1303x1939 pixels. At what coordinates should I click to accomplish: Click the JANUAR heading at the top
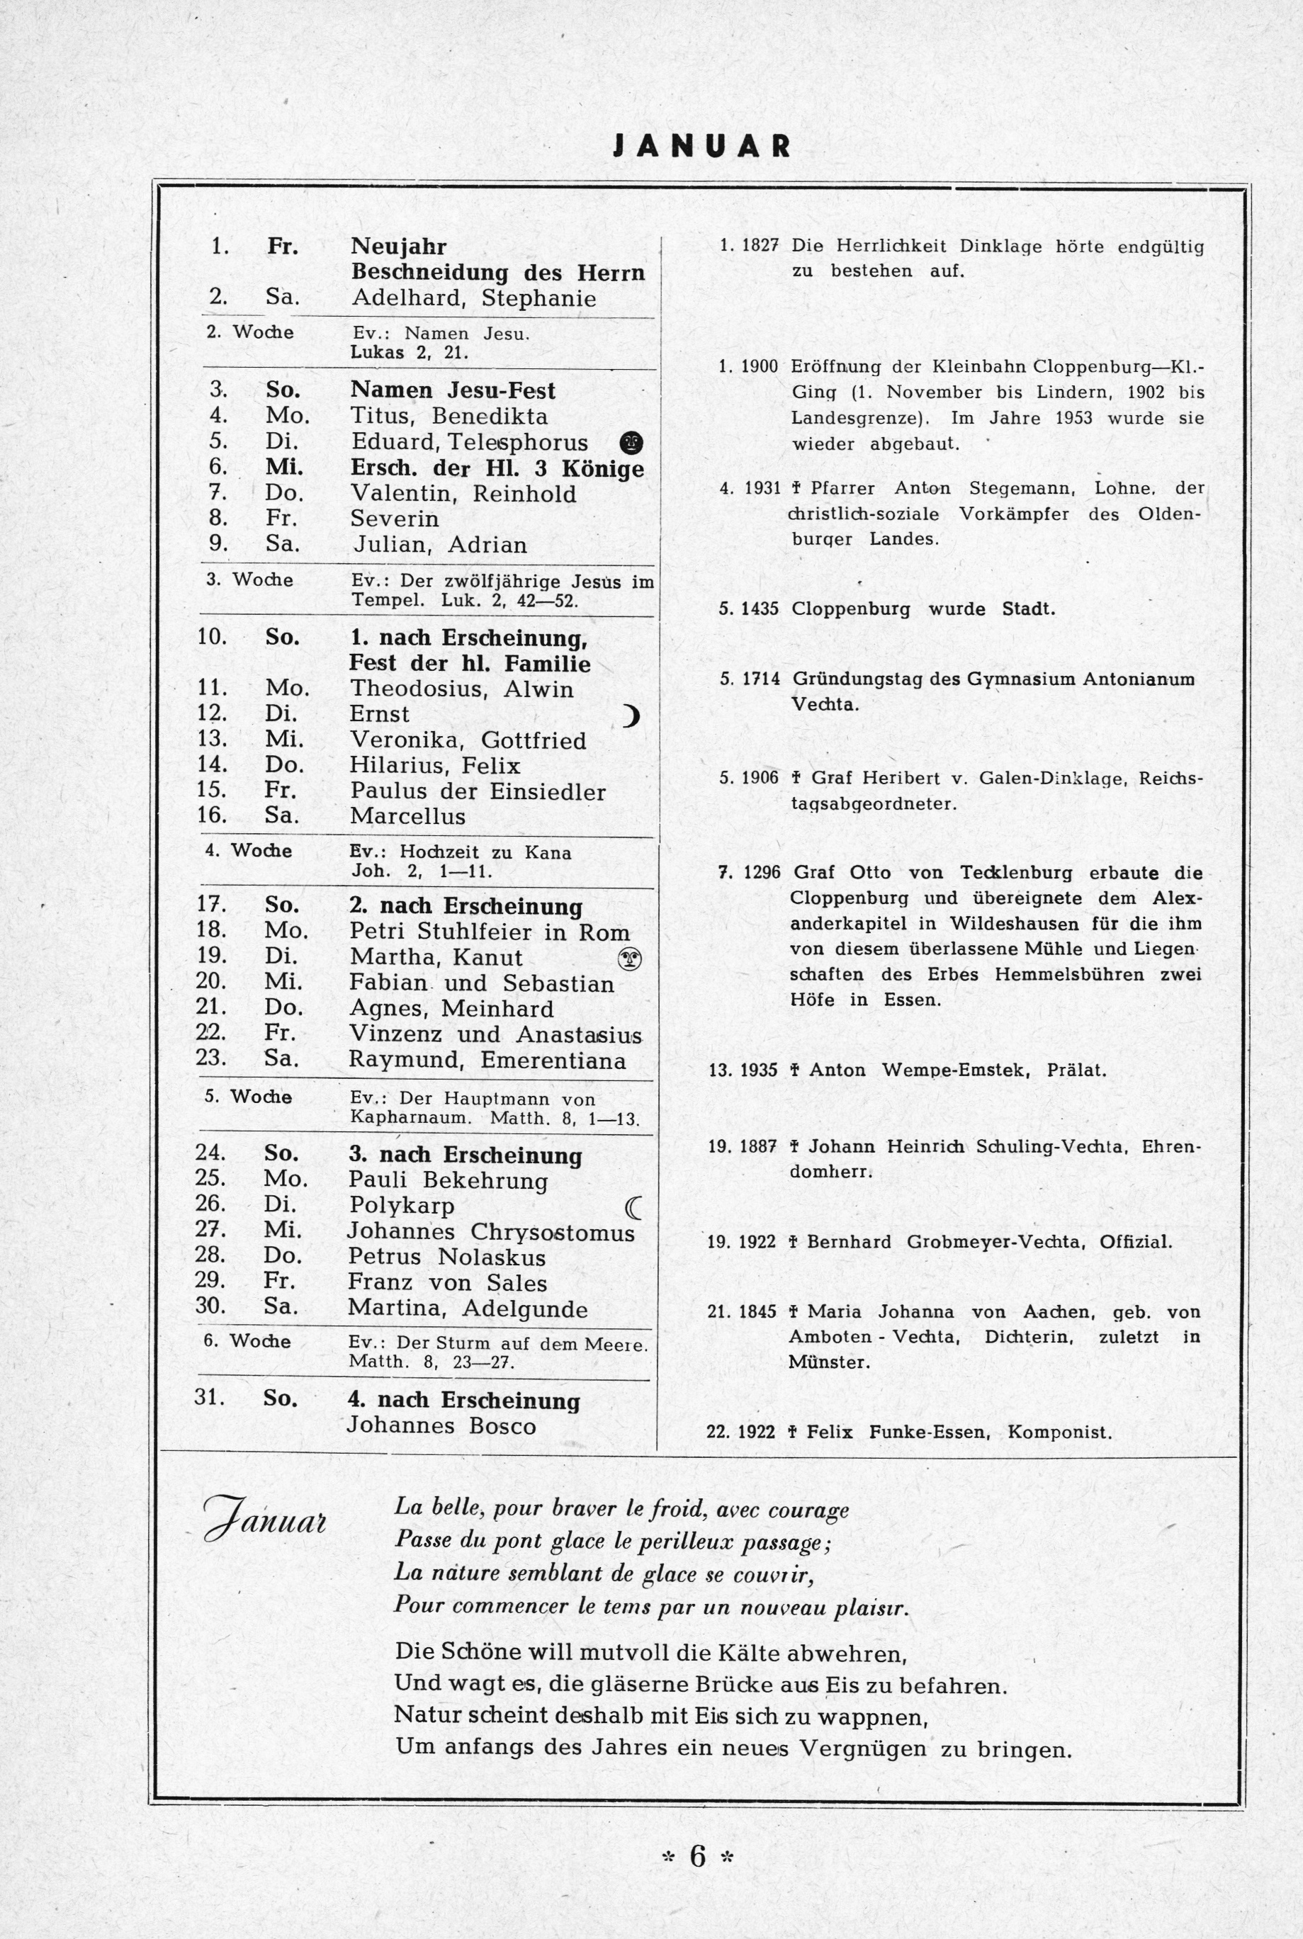[x=701, y=146]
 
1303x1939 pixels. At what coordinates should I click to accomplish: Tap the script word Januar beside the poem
[x=265, y=1520]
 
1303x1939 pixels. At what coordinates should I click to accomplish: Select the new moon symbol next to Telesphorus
[x=631, y=443]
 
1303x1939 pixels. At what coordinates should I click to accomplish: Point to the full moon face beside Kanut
[x=631, y=959]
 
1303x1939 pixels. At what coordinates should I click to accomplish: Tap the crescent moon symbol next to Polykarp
[x=633, y=1206]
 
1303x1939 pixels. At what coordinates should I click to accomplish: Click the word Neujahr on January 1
[x=398, y=247]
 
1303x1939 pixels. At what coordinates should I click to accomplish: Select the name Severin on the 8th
[x=394, y=519]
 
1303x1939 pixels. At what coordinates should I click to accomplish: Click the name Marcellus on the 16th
[x=407, y=817]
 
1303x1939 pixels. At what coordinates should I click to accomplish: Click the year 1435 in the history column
[x=760, y=609]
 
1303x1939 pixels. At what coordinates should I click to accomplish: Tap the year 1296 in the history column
[x=761, y=873]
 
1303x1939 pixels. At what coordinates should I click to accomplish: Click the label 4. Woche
[x=249, y=851]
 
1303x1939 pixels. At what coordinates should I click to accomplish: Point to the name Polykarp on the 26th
[x=401, y=1206]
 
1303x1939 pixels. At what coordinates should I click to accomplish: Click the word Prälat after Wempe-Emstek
[x=1076, y=1070]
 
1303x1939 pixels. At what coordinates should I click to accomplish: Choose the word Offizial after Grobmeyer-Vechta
[x=1135, y=1242]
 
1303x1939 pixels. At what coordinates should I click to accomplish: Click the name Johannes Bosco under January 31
[x=441, y=1425]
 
